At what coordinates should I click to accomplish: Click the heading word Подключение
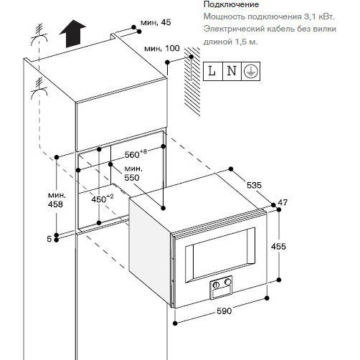point(231,4)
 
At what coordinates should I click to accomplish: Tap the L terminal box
point(213,71)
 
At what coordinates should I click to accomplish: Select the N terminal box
point(232,71)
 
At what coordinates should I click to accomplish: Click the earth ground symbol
point(250,71)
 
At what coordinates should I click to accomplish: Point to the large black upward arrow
point(72,34)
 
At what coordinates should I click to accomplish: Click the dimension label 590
point(224,311)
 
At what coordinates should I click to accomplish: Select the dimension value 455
point(278,246)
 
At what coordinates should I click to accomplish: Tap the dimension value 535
point(254,185)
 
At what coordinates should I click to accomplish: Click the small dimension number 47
point(283,202)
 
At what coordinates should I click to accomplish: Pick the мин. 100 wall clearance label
point(162,48)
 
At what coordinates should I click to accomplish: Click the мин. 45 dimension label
point(156,22)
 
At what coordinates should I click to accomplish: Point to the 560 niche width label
point(136,154)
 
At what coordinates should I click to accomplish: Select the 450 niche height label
point(103,199)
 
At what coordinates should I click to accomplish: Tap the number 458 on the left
point(55,204)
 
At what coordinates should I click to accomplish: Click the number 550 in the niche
point(132,178)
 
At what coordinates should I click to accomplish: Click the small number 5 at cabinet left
point(49,239)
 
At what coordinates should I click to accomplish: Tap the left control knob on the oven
point(216,285)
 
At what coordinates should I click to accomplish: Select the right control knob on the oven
point(228,282)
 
